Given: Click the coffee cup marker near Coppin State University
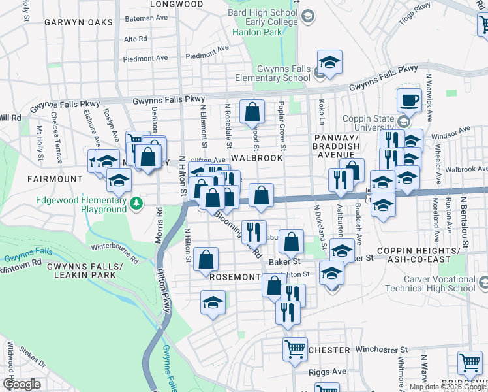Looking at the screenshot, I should coord(409,101).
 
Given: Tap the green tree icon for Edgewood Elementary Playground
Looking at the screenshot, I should coord(136,203).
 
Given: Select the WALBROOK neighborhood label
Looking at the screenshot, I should coord(256,158).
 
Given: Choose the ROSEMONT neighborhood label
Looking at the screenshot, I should coord(236,277).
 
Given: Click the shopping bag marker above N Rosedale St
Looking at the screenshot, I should coord(252,112).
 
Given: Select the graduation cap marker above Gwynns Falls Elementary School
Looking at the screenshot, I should coord(330,64).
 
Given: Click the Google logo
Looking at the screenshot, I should coord(22,384).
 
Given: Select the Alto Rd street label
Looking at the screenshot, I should coord(135,39).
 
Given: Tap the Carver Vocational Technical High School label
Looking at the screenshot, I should coord(427,283).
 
